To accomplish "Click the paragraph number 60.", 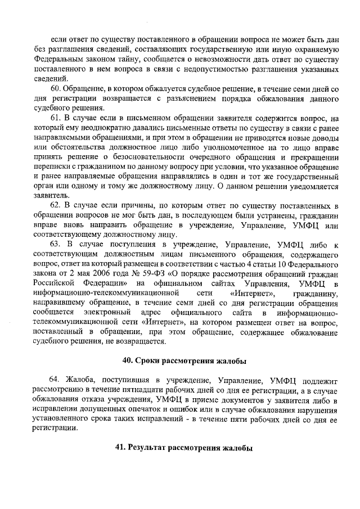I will (x=56, y=89).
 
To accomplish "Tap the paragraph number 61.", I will (x=56, y=118).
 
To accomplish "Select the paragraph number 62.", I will (x=56, y=208).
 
